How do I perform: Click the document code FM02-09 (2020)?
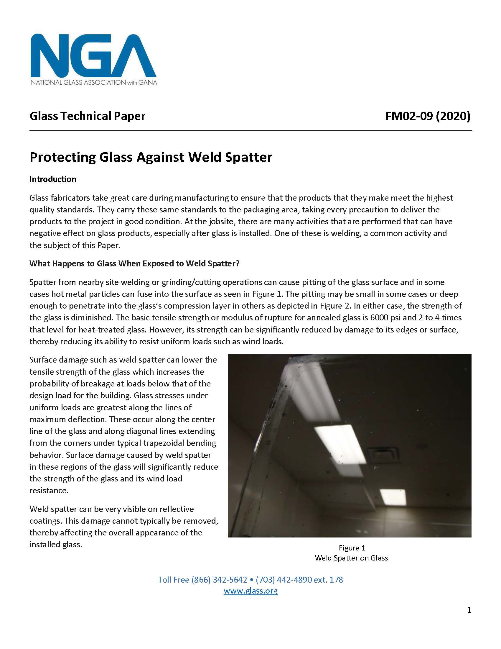pyautogui.click(x=428, y=116)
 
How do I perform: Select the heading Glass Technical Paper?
pyautogui.click(x=88, y=116)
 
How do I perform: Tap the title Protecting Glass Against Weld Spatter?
pyautogui.click(x=151, y=157)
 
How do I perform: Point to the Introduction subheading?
pyautogui.click(x=53, y=179)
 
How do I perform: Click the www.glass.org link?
pyautogui.click(x=250, y=591)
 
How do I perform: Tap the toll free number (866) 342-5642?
pyautogui.click(x=219, y=579)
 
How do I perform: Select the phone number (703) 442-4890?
pyautogui.click(x=284, y=579)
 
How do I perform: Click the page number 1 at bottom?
pyautogui.click(x=469, y=610)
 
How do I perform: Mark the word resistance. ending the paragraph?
pyautogui.click(x=49, y=490)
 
